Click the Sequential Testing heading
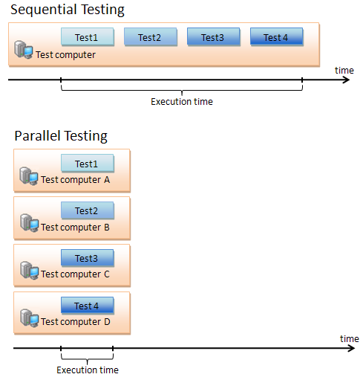tap(68, 10)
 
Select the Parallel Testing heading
tap(61, 136)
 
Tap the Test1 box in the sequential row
tap(88, 36)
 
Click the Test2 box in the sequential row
tap(151, 36)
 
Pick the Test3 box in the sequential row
tap(214, 36)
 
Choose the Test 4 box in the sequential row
tap(277, 36)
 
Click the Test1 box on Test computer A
tap(88, 163)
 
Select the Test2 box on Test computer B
tap(88, 210)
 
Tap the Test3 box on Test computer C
tap(88, 258)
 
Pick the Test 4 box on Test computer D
tap(88, 306)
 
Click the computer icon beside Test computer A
tap(29, 175)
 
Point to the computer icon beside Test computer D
tap(29, 318)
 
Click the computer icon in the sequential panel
tap(24, 50)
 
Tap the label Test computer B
tap(75, 228)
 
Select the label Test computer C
tap(75, 274)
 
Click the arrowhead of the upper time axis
tap(347, 80)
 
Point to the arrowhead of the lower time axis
tap(352, 348)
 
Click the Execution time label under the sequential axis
tap(182, 102)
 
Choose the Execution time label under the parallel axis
tap(88, 370)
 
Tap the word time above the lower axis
tap(350, 338)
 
